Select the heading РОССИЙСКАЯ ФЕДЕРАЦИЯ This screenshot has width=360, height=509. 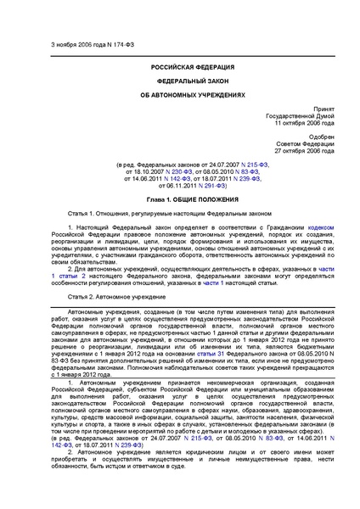click(x=179, y=65)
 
